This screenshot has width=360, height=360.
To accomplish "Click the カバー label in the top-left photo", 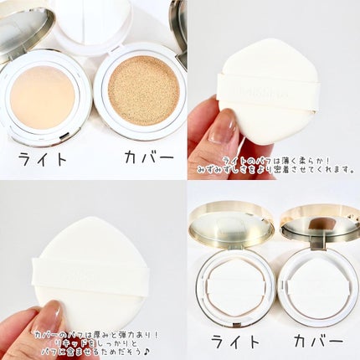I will coord(139,157).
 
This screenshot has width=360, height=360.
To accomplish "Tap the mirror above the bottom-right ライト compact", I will coord(230,224).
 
